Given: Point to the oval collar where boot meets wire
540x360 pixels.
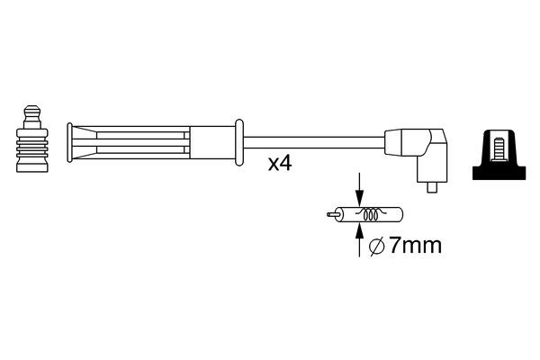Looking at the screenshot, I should point(238,140).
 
